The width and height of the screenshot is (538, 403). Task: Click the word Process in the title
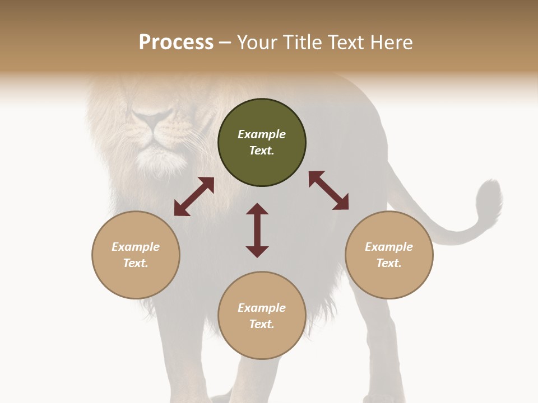[x=176, y=43]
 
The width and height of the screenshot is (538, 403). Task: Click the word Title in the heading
[x=301, y=43]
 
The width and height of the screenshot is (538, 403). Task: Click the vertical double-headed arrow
[x=257, y=230]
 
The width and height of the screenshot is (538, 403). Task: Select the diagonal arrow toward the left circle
[x=194, y=196]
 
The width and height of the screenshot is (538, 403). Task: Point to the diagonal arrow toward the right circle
[x=329, y=190]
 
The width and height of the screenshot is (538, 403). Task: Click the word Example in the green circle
[x=262, y=134]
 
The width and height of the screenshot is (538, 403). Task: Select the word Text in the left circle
[x=135, y=263]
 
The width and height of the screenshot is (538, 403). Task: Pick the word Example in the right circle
[x=389, y=247]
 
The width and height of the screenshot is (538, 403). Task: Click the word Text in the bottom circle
[x=261, y=325]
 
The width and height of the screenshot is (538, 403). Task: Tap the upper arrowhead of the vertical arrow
[x=257, y=208]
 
